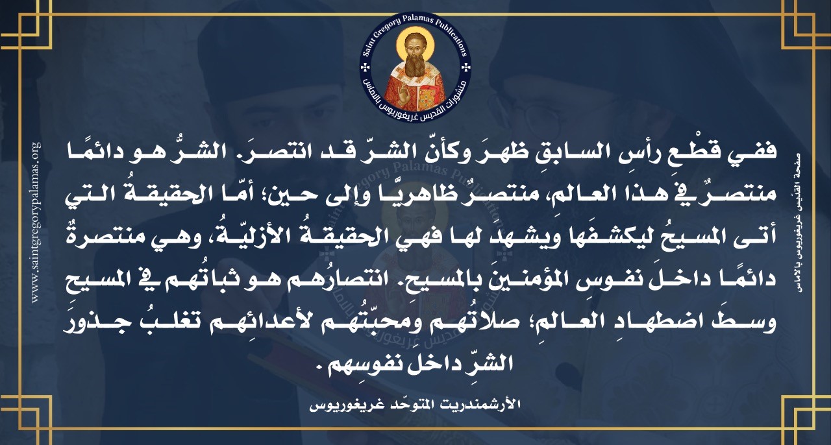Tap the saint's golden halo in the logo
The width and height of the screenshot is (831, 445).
pyautogui.click(x=415, y=42)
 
